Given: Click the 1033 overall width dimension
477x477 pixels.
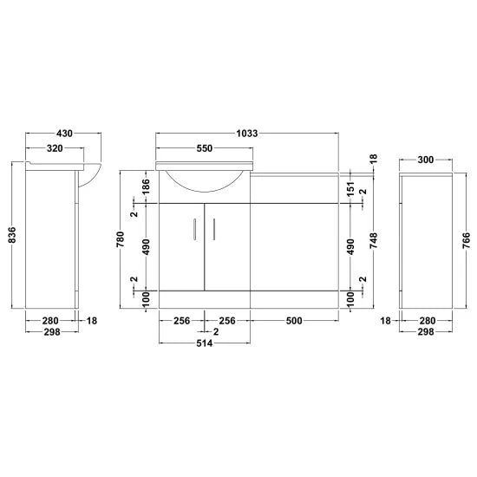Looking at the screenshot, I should (247, 134).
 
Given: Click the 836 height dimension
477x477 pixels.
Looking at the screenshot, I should (12, 235).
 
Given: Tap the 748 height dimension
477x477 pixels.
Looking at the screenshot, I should (374, 238).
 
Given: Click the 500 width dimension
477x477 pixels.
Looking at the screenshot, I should (293, 321).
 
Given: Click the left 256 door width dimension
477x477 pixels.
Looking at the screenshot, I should (181, 321).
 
